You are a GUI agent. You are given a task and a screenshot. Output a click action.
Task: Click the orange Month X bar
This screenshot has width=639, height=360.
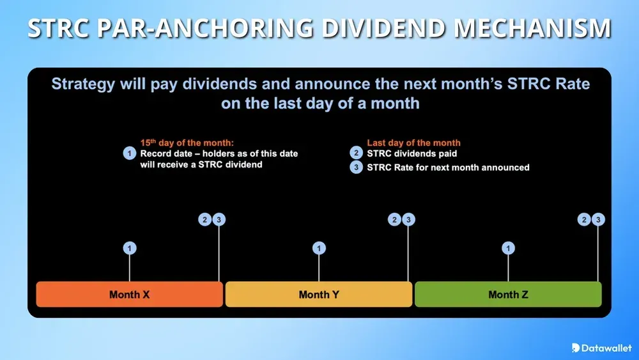129,294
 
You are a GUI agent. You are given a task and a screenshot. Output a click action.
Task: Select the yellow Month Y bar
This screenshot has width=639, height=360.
319,294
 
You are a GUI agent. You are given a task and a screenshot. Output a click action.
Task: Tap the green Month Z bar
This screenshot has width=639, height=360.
508,294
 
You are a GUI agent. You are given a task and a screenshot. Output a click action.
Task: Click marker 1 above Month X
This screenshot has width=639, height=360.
130,248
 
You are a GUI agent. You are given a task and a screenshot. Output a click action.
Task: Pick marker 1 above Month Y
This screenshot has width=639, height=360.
319,248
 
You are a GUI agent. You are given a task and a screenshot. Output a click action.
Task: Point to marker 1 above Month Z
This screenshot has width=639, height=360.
509,248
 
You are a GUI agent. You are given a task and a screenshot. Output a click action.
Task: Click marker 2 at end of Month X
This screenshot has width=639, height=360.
205,220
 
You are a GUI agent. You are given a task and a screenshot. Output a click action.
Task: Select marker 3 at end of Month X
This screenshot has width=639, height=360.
219,220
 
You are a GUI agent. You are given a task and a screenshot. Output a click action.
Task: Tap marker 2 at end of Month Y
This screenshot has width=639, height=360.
395,220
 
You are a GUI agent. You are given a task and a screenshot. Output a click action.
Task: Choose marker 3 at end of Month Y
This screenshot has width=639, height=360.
409,220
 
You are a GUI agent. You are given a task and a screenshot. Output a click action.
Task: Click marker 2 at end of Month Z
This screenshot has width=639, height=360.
584,220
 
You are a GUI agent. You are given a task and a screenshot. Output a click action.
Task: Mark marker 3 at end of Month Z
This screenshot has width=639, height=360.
598,220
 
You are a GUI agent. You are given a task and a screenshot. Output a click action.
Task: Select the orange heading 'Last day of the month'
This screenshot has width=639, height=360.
413,143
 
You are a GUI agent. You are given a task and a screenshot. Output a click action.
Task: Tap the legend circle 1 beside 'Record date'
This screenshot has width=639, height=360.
130,153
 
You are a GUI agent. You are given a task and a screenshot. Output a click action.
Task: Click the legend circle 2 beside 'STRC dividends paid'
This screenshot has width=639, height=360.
356,153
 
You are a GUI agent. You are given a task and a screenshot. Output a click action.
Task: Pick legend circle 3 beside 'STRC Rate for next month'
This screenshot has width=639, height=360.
356,168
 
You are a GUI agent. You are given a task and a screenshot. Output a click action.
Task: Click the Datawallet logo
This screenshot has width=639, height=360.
601,347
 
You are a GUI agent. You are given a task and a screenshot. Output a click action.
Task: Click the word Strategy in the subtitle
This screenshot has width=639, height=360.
82,84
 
